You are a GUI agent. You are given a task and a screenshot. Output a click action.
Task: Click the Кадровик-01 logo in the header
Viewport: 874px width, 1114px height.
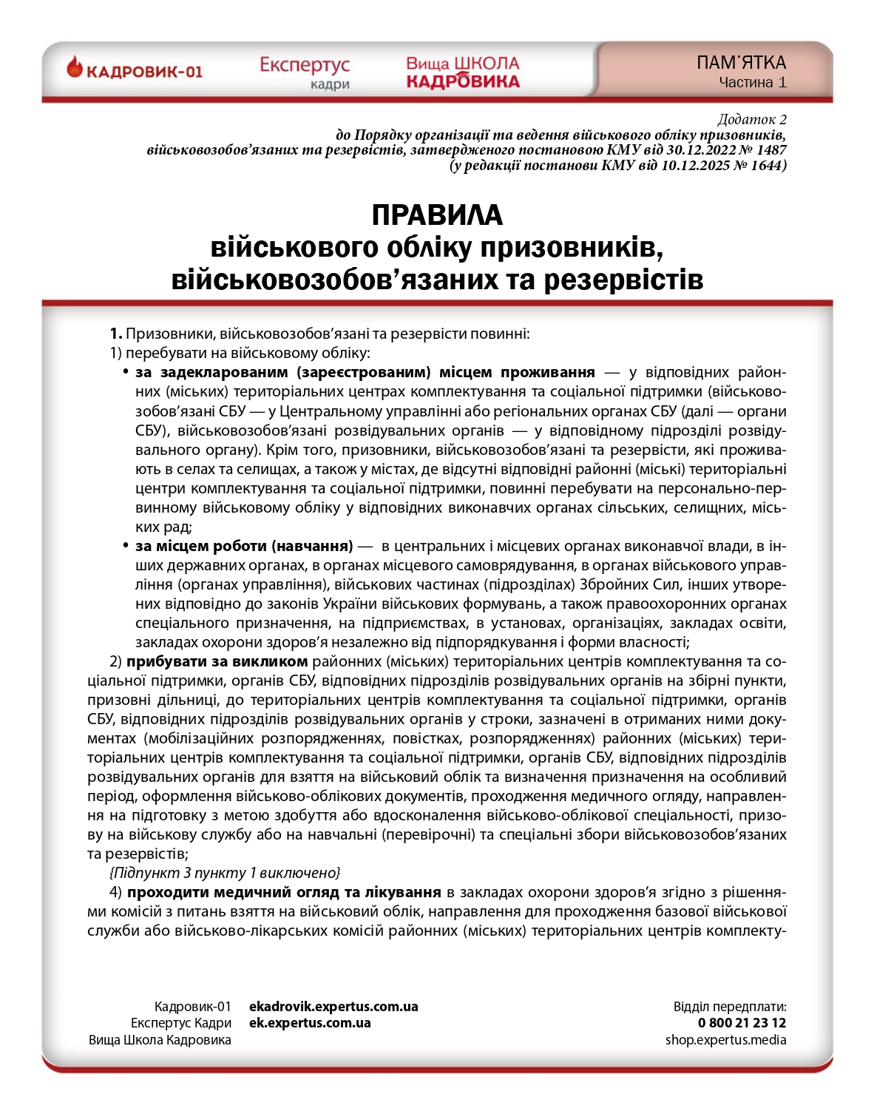135,71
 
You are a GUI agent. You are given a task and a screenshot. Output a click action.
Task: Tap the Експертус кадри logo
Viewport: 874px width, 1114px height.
305,72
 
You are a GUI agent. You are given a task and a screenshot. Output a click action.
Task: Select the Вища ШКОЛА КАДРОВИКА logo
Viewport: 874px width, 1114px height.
463,72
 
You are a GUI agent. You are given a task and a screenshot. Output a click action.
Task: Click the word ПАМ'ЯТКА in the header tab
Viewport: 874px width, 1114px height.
741,63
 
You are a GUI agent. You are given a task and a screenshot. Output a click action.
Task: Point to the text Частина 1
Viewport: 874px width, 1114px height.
753,83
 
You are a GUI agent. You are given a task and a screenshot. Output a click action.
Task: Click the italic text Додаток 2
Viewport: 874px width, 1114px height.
752,119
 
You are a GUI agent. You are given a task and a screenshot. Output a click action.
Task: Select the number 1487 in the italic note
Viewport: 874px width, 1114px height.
770,150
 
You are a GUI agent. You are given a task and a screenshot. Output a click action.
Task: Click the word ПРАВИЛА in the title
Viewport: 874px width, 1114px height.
437,215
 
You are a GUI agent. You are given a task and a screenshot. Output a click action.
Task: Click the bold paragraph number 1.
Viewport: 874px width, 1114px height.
115,334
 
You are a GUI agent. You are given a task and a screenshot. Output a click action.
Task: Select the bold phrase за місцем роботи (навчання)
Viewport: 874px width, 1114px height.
244,547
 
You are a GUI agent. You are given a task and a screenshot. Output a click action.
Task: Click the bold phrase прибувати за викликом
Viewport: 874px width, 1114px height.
217,661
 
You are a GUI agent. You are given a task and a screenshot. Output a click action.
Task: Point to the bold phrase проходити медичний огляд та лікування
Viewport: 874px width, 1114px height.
284,892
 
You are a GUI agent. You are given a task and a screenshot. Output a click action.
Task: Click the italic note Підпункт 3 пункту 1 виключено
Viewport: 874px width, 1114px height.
225,873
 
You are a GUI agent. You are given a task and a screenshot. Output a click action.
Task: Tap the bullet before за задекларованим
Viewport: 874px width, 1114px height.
126,371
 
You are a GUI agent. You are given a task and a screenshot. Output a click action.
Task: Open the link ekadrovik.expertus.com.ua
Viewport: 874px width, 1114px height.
333,1007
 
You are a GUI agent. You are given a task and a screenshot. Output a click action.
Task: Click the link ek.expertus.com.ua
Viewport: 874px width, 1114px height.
310,1023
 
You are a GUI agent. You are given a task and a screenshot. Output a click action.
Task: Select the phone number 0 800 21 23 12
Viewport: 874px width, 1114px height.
742,1023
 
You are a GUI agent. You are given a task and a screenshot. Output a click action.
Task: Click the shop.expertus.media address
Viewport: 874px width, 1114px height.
725,1040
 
